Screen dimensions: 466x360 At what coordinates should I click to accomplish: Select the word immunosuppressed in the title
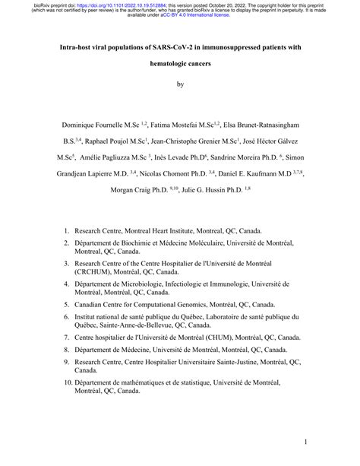coord(232,47)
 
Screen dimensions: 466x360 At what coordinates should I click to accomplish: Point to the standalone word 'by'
coord(180,85)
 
